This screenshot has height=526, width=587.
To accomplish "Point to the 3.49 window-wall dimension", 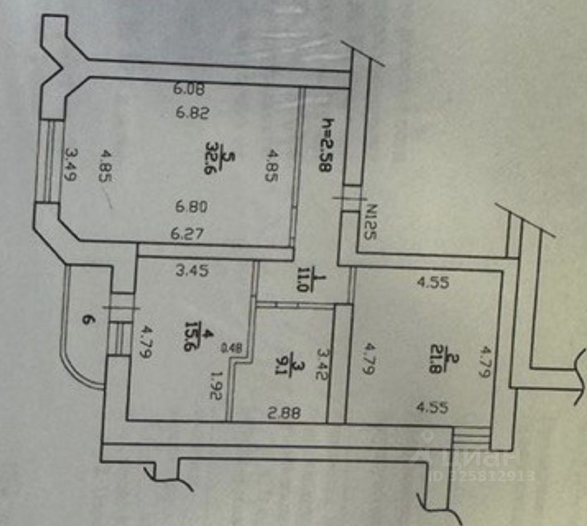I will pyautogui.click(x=71, y=165).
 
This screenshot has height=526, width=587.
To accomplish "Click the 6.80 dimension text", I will pyautogui.click(x=192, y=206).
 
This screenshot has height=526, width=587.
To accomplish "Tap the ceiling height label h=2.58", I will pyautogui.click(x=327, y=145).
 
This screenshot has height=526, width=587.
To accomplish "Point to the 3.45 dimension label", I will pyautogui.click(x=192, y=271).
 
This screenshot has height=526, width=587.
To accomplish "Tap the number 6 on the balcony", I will pyautogui.click(x=87, y=321).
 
